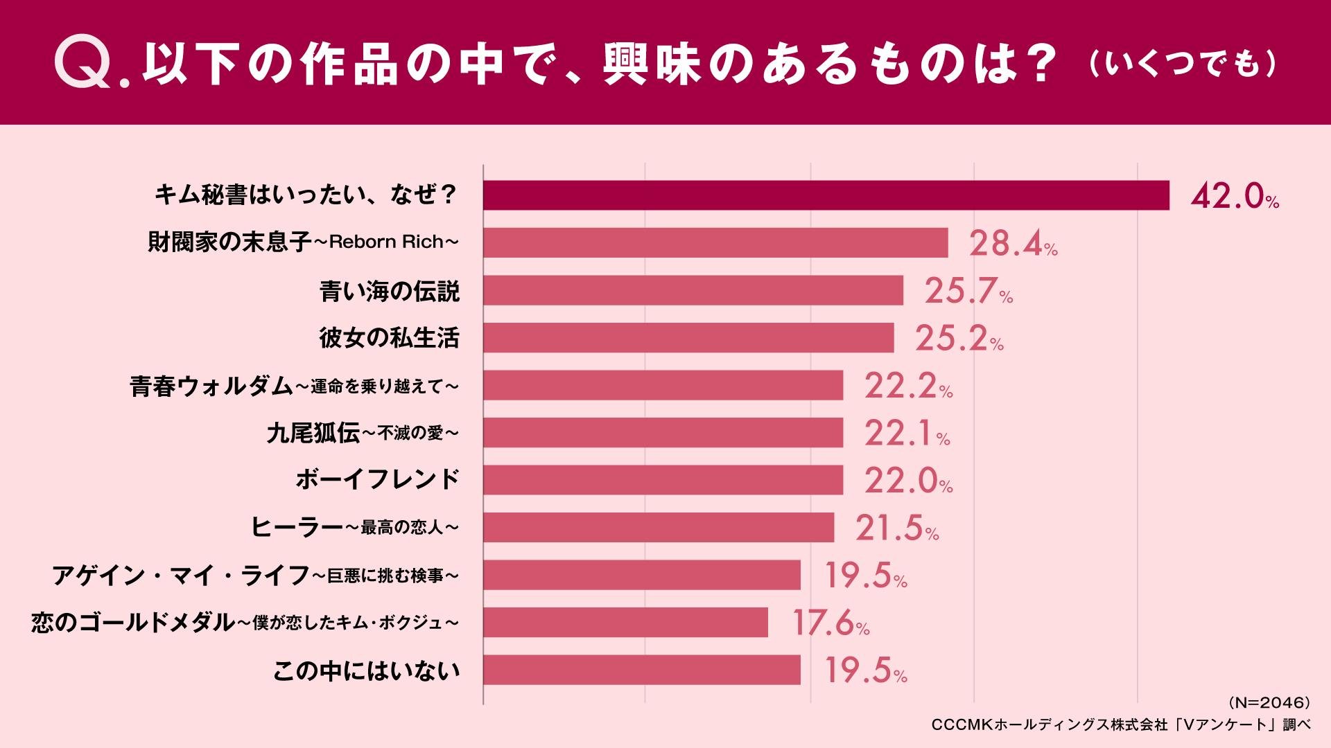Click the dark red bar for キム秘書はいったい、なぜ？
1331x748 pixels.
(825, 195)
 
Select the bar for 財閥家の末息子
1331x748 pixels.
(715, 242)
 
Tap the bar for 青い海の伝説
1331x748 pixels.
(693, 290)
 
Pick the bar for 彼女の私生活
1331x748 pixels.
(688, 338)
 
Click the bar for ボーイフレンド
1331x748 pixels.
(663, 480)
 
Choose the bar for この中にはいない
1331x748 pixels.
(641, 670)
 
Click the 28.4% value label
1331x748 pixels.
(1012, 244)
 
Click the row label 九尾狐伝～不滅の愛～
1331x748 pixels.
(363, 434)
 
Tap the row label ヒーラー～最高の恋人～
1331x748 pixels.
(354, 528)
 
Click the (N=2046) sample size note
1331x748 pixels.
(1269, 703)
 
